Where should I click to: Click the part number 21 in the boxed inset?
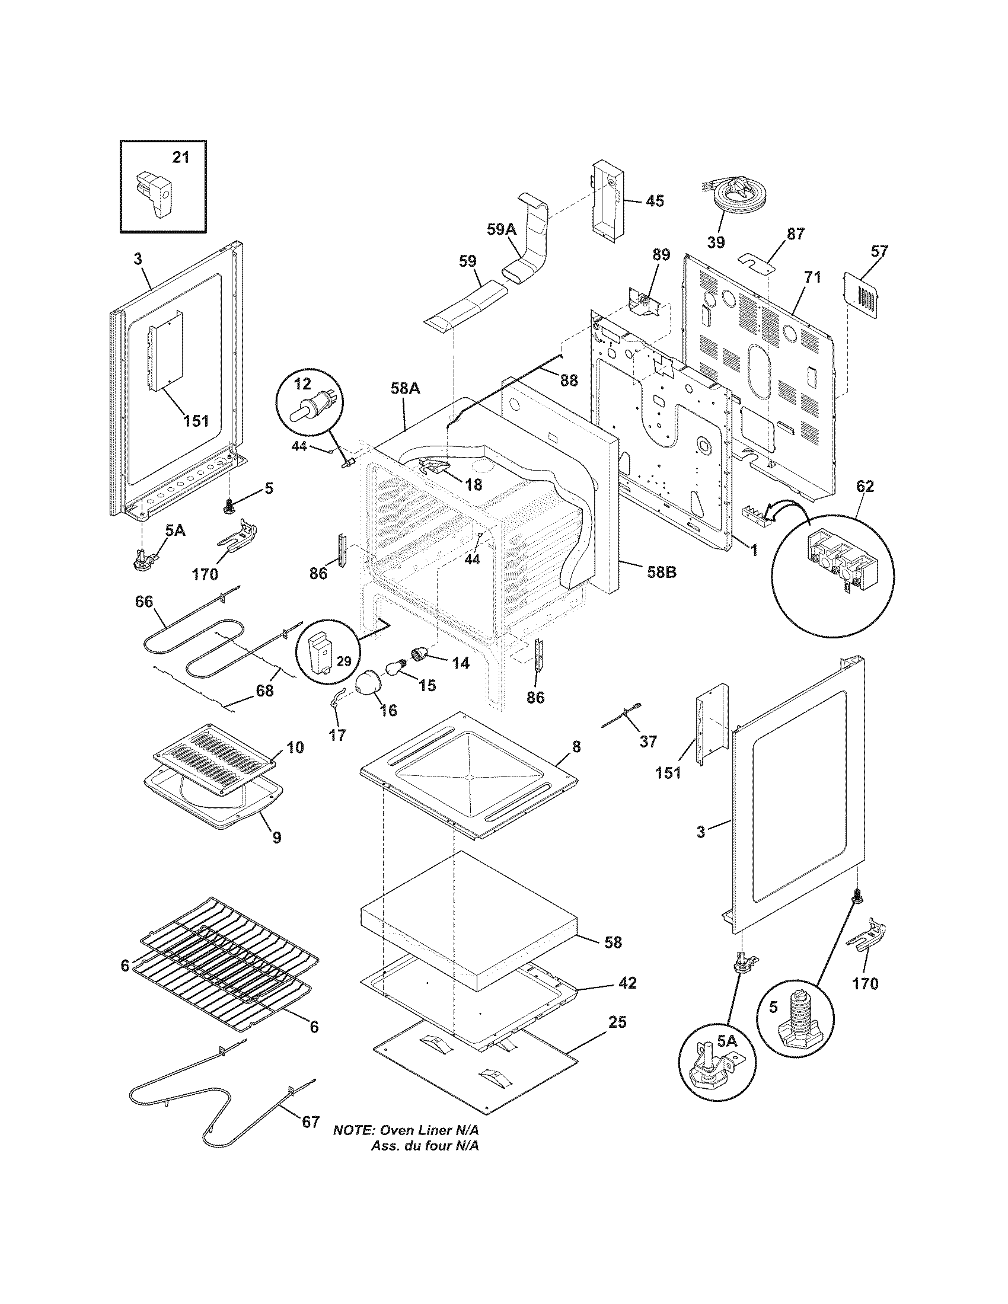(180, 157)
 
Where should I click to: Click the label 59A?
(500, 229)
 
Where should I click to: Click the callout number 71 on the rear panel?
(812, 277)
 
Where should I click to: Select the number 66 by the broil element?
(144, 601)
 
